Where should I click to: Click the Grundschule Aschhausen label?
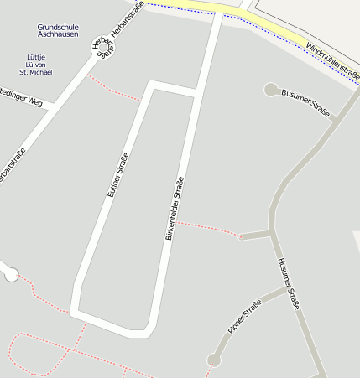58,31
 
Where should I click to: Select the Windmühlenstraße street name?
332,62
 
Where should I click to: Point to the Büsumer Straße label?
306,102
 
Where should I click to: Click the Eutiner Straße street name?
118,174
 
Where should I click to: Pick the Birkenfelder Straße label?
174,210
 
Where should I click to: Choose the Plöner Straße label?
244,318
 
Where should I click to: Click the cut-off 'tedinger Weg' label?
21,99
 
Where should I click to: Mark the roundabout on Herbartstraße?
102,47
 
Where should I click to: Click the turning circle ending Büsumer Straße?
271,89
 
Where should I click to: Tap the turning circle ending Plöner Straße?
214,360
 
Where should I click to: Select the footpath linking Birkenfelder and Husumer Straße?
208,227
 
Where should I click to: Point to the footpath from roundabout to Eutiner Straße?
113,91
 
